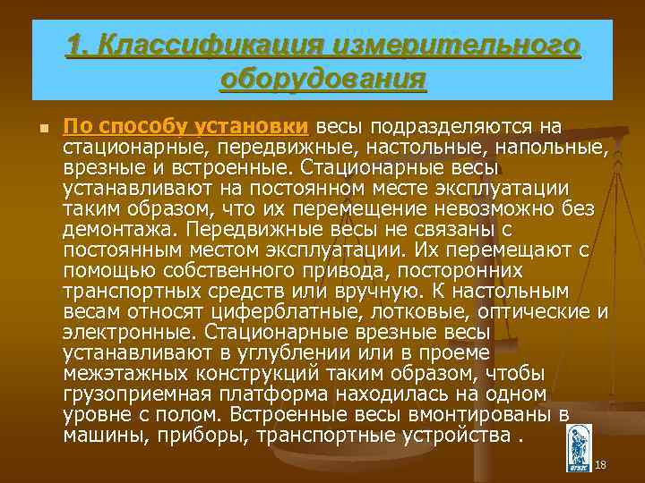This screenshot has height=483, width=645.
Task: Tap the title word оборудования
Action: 322,79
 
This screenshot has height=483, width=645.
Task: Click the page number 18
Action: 600,464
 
